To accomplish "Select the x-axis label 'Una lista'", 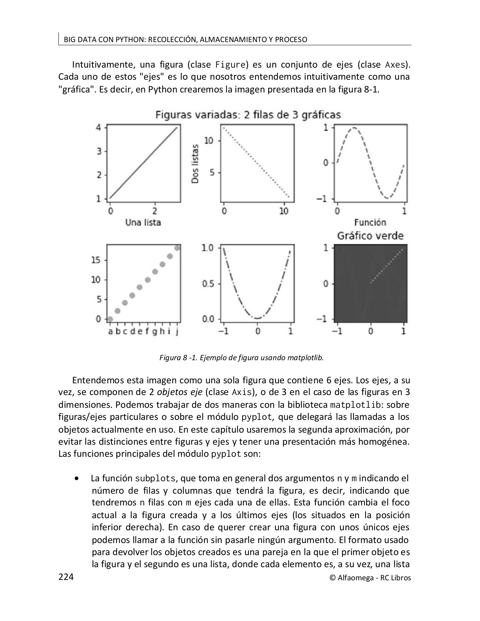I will click(143, 223).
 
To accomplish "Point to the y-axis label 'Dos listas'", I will click(195, 164).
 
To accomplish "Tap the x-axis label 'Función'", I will click(370, 223).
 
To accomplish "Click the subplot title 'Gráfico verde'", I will click(370, 236).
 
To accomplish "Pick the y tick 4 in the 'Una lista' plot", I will click(99, 127).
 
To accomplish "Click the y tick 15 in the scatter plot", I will click(96, 260).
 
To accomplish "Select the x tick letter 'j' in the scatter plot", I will click(177, 332).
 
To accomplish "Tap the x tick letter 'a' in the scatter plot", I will click(110, 332).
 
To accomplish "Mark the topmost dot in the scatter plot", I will click(177, 248).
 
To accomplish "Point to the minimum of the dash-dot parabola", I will click(257, 318).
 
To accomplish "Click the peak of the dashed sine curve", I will click(354, 128).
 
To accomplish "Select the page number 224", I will click(66, 577).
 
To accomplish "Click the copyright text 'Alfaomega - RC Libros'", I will click(374, 578).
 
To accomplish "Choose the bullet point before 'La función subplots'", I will click(76, 479).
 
